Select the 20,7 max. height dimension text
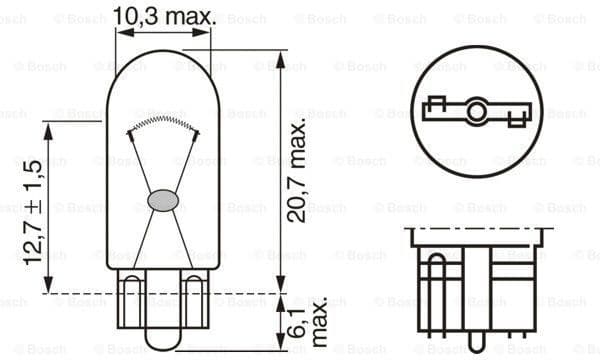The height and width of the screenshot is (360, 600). pos(297,176)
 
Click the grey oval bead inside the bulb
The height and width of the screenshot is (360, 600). pos(161,200)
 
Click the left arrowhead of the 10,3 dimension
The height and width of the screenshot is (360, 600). pos(121,32)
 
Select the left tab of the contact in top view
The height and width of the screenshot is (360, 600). pos(436,105)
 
